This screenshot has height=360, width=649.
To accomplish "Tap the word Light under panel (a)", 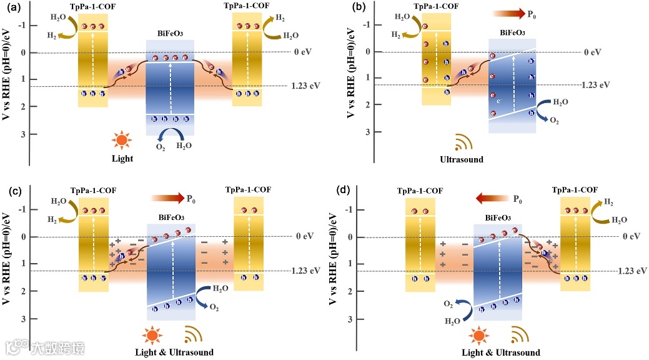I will click(122, 158).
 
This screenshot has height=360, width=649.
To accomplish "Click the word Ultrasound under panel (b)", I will click(462, 159).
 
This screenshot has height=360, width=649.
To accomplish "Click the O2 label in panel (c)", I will click(214, 307).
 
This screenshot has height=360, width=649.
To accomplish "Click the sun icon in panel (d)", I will click(480, 336).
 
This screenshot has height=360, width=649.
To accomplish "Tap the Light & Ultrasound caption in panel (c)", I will click(174, 352).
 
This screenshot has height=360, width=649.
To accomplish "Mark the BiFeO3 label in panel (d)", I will click(497, 218).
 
